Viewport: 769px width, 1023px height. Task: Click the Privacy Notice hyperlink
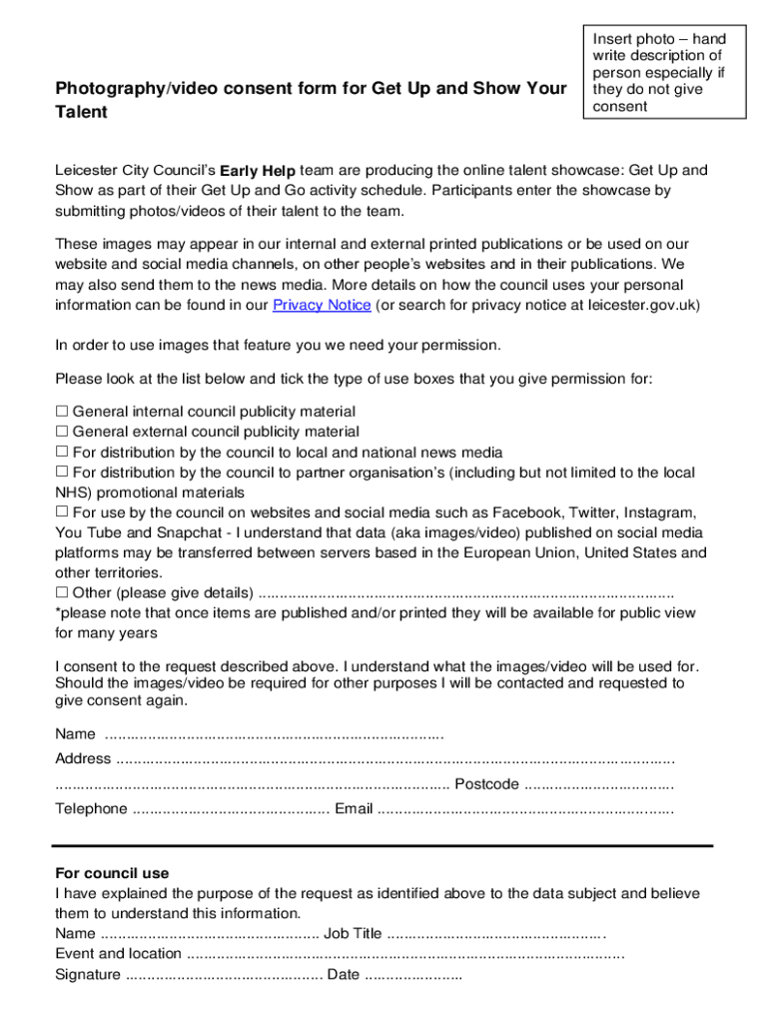[x=322, y=305]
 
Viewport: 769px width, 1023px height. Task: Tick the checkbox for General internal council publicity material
[x=61, y=412]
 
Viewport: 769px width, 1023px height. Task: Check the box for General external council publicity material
[x=61, y=432]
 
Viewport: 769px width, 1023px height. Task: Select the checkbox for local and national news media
[x=61, y=452]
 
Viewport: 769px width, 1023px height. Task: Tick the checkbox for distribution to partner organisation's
[x=61, y=472]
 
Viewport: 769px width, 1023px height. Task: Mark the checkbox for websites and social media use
[x=61, y=511]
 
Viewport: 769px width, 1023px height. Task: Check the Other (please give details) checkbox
[x=61, y=592]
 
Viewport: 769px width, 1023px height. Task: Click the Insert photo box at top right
[x=664, y=72]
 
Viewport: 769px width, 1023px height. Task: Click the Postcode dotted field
[x=598, y=784]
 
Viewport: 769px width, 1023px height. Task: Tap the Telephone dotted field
[x=230, y=809]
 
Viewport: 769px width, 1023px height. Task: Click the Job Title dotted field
[x=495, y=934]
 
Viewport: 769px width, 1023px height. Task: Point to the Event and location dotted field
[x=404, y=954]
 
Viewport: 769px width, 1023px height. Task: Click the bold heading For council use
[x=113, y=873]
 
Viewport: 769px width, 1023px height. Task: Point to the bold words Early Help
[x=258, y=170]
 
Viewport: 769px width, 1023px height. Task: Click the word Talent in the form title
[x=81, y=112]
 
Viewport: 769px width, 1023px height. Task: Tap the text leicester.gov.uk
[x=636, y=305]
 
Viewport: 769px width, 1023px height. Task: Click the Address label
[x=83, y=759]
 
